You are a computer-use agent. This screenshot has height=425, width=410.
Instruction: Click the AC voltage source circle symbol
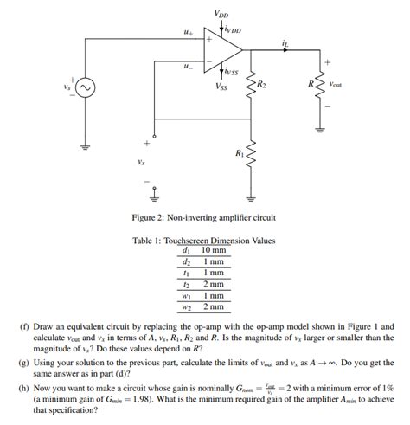point(86,87)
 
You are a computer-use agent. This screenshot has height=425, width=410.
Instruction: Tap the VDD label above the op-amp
point(221,13)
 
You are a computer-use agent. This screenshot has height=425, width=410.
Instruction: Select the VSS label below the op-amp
point(221,86)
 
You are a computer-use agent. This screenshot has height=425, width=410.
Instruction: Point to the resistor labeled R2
point(252,86)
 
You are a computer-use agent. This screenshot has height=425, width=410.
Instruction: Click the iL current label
point(285,41)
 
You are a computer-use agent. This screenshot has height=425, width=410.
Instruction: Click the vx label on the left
point(141,160)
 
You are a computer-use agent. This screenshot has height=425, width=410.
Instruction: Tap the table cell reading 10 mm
point(213,250)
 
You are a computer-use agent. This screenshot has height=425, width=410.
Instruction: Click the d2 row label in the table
point(186,261)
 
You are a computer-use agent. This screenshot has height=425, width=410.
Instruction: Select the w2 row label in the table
point(186,306)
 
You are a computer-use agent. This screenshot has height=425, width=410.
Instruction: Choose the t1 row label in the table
point(186,273)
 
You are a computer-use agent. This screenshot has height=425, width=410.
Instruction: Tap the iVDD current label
point(234,30)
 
